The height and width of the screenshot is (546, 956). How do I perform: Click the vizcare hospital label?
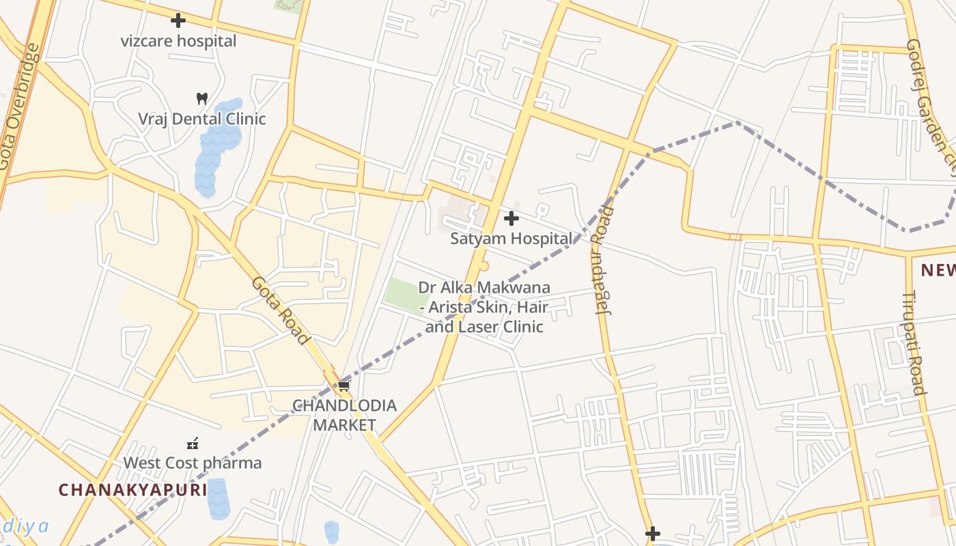178,41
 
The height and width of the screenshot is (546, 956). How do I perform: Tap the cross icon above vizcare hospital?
178,20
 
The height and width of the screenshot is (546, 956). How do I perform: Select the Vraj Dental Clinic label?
201,119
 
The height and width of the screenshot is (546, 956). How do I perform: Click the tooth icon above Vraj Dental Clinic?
201,98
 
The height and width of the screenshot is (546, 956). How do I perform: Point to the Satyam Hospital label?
511,239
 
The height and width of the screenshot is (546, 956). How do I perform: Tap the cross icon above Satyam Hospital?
511,218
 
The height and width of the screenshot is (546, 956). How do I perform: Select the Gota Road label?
281,311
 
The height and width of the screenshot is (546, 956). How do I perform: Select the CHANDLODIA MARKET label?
344,415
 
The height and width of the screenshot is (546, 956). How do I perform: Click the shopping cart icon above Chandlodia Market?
344,386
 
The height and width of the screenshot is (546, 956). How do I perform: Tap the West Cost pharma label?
192,463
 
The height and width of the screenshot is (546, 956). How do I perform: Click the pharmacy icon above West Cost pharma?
193,444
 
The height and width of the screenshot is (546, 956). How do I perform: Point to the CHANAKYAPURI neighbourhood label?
132,490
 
